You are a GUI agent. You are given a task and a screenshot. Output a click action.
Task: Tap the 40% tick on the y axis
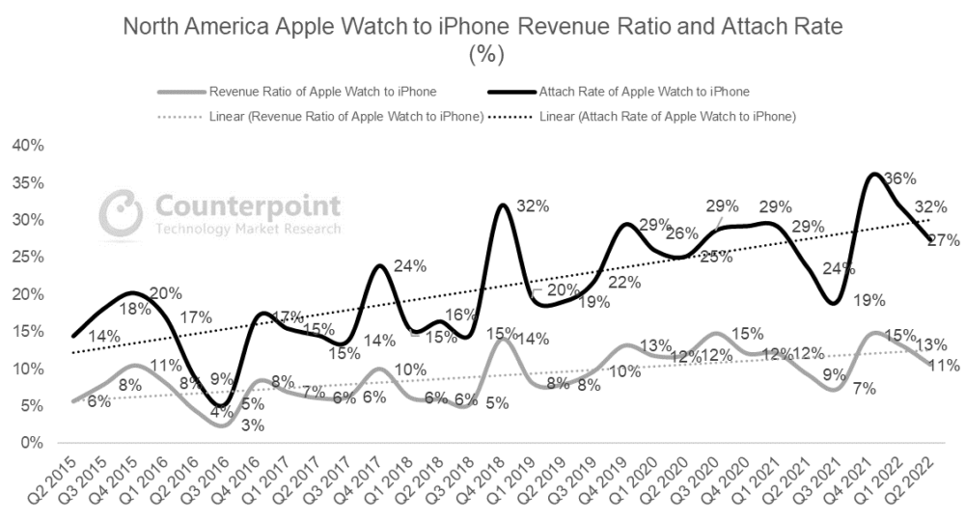pos(27,146)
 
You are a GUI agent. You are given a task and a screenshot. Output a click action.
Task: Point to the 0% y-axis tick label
pos(31,443)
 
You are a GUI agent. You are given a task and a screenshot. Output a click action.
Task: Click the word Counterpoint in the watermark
pos(247,205)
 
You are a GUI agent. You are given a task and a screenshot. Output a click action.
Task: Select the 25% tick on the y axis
pos(27,257)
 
